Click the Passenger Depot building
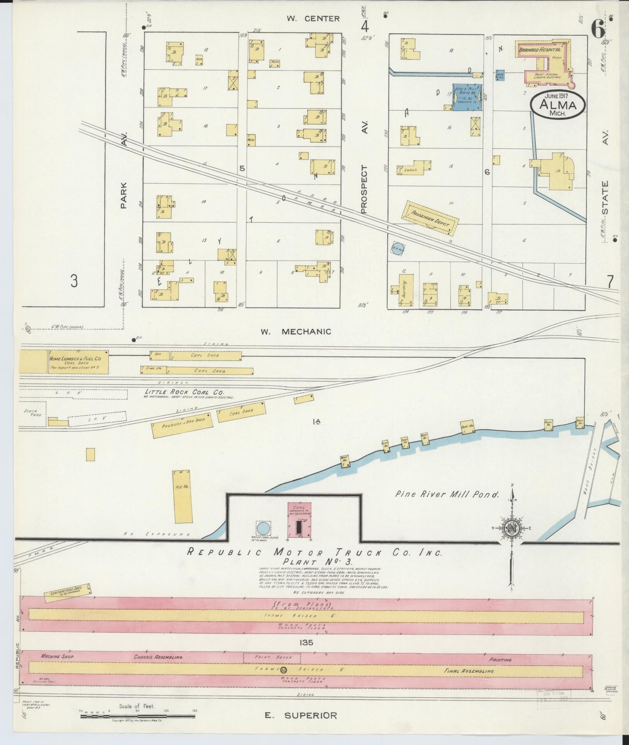tap(430, 217)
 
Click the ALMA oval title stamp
tap(557, 105)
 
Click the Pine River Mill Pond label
tap(447, 494)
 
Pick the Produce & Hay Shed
tap(182, 425)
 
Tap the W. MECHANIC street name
tap(296, 331)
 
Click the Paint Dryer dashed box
tap(267, 657)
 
